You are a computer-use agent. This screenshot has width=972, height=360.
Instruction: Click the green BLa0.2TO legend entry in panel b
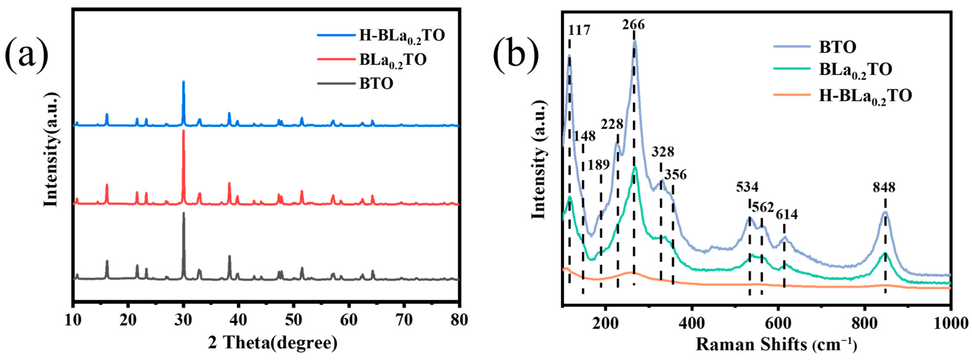tap(855, 70)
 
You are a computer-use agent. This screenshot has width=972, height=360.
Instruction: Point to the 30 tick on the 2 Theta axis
tap(183, 320)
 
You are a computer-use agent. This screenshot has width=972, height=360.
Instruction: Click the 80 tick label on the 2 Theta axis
tap(458, 320)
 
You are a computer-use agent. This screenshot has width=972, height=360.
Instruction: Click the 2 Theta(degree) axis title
tap(272, 343)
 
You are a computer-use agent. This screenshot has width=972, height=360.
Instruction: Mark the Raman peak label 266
tap(633, 25)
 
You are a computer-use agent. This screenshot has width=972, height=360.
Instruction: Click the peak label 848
tap(884, 187)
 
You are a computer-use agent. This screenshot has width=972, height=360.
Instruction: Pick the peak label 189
tap(599, 165)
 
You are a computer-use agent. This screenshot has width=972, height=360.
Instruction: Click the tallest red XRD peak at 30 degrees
tap(184, 131)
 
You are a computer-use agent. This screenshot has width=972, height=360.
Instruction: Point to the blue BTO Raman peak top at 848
tap(885, 212)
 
